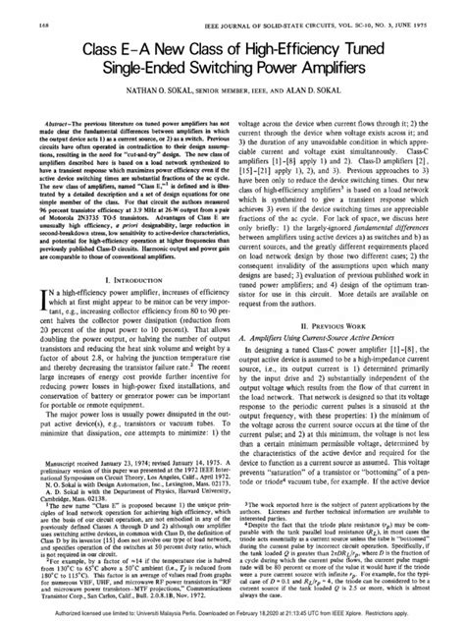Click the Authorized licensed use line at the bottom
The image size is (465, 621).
pyautogui.click(x=232, y=610)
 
